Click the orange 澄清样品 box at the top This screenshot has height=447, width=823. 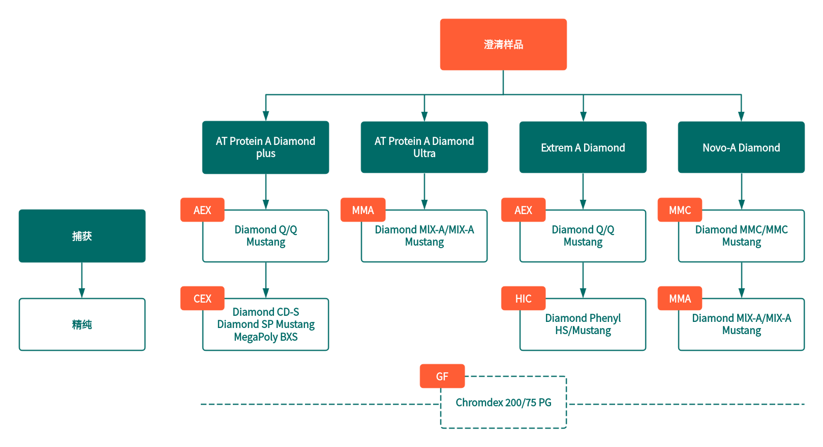click(503, 44)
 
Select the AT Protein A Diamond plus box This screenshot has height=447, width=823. click(265, 147)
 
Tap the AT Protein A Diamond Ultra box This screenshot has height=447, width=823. click(424, 147)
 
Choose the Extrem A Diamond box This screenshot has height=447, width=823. click(583, 147)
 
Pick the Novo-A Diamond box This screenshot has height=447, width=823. click(741, 147)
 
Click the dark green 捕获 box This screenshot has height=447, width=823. click(82, 236)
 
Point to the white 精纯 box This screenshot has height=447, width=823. click(82, 324)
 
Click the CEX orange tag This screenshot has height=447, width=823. click(202, 299)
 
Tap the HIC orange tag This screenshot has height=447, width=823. click(523, 299)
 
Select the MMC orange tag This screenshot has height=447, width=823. click(680, 210)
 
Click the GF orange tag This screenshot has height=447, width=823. click(442, 376)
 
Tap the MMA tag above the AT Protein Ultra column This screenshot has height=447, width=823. click(363, 210)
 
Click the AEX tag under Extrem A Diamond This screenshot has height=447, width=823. click(523, 210)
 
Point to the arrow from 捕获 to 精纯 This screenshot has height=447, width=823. click(82, 280)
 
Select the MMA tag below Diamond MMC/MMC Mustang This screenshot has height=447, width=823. click(680, 299)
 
